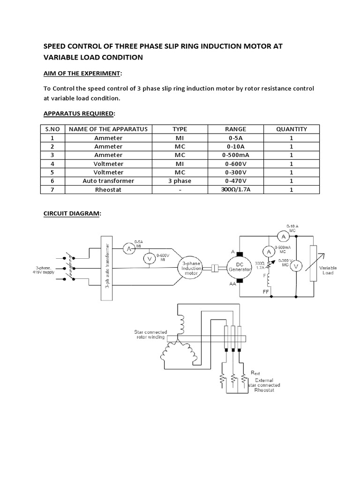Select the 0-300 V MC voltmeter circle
click(296, 266)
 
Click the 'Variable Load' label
click(328, 270)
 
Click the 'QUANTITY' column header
click(291, 129)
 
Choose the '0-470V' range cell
click(235, 180)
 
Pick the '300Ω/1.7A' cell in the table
click(235, 189)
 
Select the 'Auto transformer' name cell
click(108, 180)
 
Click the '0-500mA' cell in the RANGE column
click(235, 155)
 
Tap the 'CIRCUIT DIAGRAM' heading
click(72, 213)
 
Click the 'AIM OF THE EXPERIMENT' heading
click(83, 74)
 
